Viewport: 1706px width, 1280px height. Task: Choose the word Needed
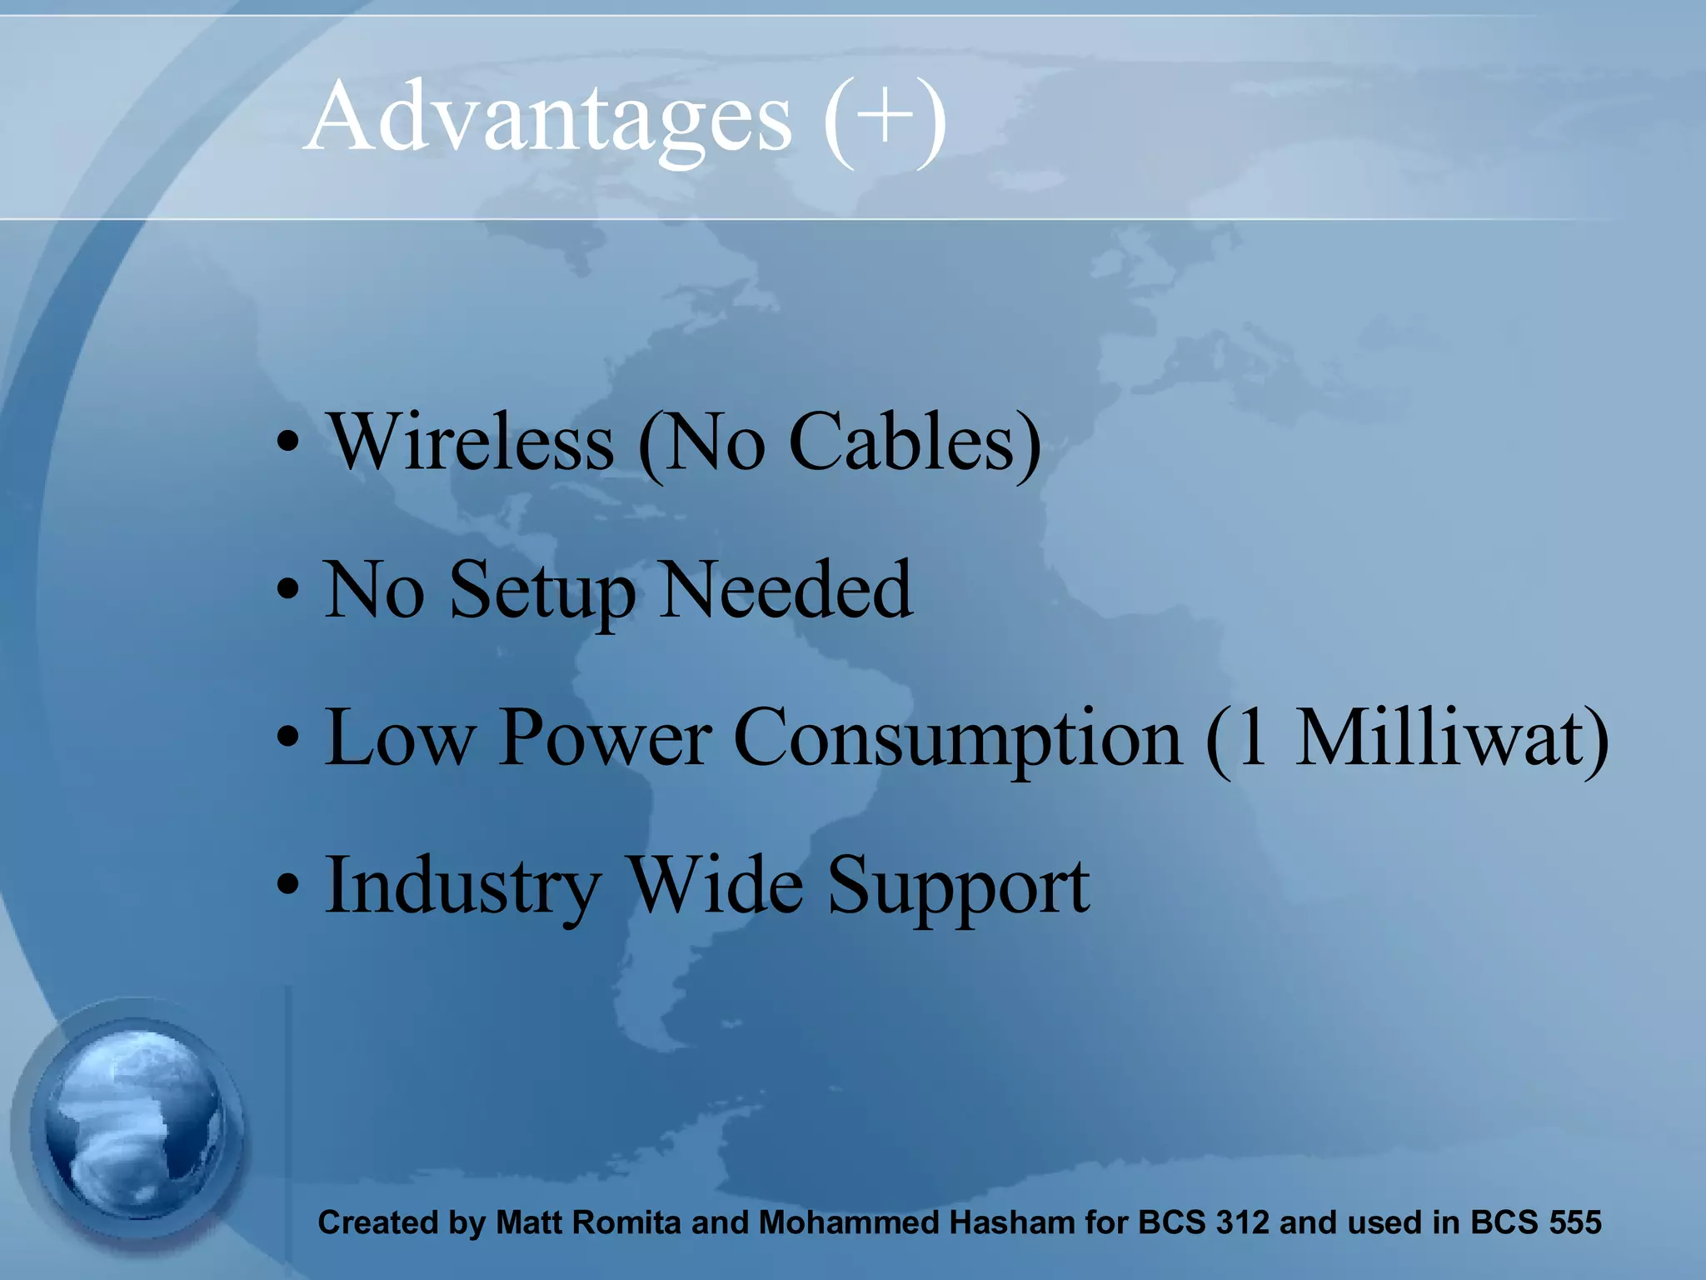tap(786, 590)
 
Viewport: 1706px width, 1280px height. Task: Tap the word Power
tap(606, 737)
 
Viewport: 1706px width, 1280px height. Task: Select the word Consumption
tap(958, 739)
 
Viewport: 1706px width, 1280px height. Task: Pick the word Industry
tap(462, 887)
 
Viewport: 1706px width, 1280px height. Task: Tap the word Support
tap(958, 888)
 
